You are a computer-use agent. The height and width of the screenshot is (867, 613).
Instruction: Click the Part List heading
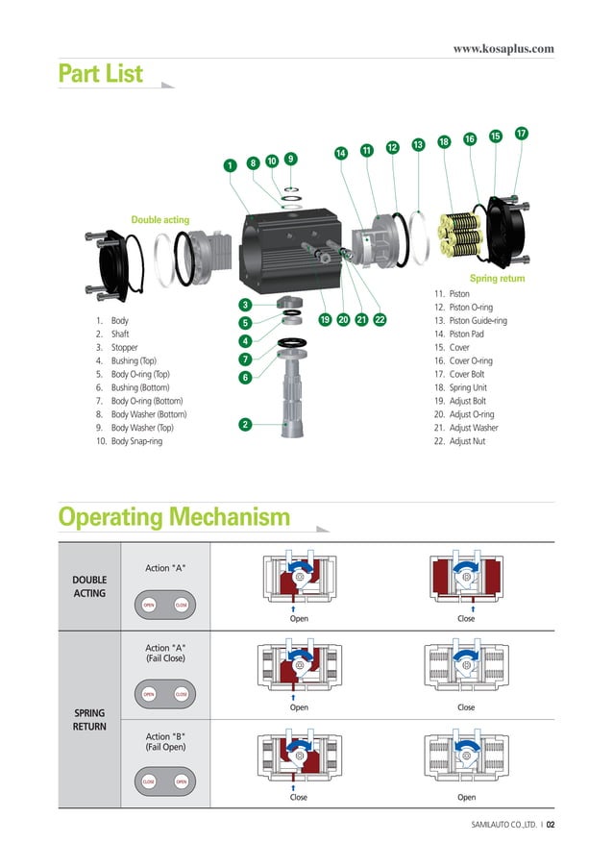pyautogui.click(x=100, y=74)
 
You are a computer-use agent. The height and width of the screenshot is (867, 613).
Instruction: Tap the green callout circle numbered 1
pyautogui.click(x=230, y=166)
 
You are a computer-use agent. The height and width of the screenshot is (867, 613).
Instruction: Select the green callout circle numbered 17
pyautogui.click(x=521, y=133)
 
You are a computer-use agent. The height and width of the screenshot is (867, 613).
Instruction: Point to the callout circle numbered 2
pyautogui.click(x=245, y=424)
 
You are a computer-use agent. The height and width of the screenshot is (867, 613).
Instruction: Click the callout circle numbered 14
pyautogui.click(x=340, y=154)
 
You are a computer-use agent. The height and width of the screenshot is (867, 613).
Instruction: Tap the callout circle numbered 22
pyautogui.click(x=380, y=319)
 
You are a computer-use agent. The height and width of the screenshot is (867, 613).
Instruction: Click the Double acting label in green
pyautogui.click(x=160, y=220)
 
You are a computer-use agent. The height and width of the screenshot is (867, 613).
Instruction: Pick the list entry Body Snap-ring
pyautogui.click(x=140, y=441)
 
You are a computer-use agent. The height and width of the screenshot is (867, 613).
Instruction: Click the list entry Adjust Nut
pyautogui.click(x=466, y=441)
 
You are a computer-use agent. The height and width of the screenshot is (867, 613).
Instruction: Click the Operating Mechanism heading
pyautogui.click(x=174, y=518)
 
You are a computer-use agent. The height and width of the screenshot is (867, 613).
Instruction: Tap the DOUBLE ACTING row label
pyautogui.click(x=89, y=586)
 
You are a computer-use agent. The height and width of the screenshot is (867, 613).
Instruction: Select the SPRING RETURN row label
pyautogui.click(x=89, y=719)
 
